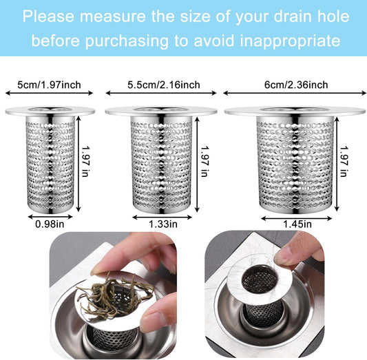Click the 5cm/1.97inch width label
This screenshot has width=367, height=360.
click(49, 85)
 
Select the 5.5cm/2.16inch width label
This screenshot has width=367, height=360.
click(164, 85)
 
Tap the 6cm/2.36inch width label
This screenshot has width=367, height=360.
click(296, 85)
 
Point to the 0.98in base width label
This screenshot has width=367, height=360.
click(50, 224)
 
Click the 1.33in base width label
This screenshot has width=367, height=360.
click(163, 224)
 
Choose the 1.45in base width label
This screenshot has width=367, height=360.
click(297, 224)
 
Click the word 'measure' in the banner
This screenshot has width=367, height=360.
click(113, 17)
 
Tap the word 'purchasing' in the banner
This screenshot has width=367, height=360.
click(127, 41)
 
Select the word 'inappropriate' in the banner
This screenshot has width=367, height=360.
click(291, 41)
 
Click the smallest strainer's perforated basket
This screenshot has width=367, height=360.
click(50, 165)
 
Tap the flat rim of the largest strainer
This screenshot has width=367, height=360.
click(295, 111)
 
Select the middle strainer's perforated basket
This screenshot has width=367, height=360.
click(162, 165)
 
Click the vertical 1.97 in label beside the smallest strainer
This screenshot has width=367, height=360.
click(85, 161)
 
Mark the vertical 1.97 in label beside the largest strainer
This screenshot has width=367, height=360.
click(344, 161)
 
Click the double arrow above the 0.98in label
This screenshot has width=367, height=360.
click(50, 217)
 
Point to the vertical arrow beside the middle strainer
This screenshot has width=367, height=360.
click(197, 165)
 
